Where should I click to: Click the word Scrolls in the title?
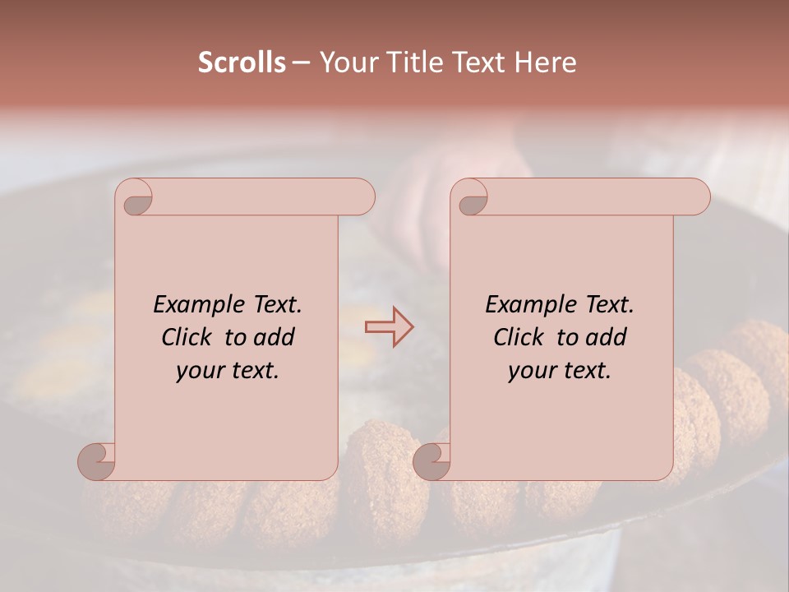(242, 62)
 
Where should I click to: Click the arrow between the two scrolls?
(389, 327)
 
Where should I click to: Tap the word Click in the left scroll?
(189, 337)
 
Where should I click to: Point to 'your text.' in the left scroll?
(228, 371)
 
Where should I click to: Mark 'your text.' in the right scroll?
(560, 371)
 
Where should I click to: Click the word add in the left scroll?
(275, 337)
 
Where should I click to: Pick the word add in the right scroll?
(607, 337)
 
